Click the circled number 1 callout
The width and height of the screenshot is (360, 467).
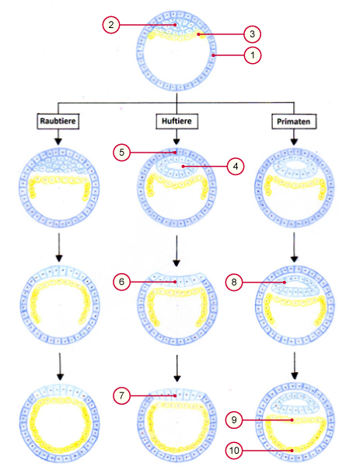pyautogui.click(x=253, y=55)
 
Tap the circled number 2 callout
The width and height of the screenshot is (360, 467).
pyautogui.click(x=111, y=25)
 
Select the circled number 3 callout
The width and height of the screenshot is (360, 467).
pyautogui.click(x=252, y=34)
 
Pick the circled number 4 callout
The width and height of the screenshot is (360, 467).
pyautogui.click(x=236, y=167)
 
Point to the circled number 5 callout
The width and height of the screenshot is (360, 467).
pyautogui.click(x=122, y=153)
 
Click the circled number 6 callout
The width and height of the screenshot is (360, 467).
pyautogui.click(x=122, y=282)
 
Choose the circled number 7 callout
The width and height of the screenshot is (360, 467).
pyautogui.click(x=122, y=396)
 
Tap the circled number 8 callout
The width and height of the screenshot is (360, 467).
pyautogui.click(x=234, y=282)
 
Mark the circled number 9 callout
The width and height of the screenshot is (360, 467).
pyautogui.click(x=234, y=420)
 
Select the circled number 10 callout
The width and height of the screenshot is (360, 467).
pyautogui.click(x=234, y=451)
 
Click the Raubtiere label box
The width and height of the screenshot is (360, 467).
pyautogui.click(x=58, y=121)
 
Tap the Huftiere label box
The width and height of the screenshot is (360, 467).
pyautogui.click(x=177, y=121)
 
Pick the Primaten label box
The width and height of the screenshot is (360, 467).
pyautogui.click(x=294, y=121)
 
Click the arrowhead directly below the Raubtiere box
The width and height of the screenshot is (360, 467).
pyautogui.click(x=58, y=142)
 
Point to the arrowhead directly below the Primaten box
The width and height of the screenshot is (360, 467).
pyautogui.click(x=294, y=142)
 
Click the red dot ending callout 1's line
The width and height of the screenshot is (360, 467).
pyautogui.click(x=213, y=55)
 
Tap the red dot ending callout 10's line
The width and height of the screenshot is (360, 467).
pyautogui.click(x=292, y=451)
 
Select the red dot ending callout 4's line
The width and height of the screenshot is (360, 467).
pyautogui.click(x=183, y=167)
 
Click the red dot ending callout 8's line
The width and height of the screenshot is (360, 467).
pyautogui.click(x=285, y=282)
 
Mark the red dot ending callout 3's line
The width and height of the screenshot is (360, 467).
pyautogui.click(x=198, y=34)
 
